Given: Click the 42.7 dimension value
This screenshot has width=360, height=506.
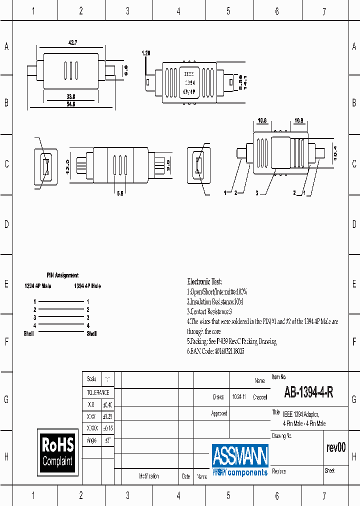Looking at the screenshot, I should pos(72,43).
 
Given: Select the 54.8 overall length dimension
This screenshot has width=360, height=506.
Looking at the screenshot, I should pos(70,104).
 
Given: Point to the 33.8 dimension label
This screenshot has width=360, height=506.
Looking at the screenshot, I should pos(70,96).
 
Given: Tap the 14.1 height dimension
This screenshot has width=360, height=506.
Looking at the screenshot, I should pos(245,81).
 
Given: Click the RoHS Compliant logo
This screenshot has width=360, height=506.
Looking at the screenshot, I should pos(57,451).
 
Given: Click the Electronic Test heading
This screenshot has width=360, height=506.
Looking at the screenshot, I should pos(204,281).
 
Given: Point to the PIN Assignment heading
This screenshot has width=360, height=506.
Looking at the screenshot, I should pos(62,275).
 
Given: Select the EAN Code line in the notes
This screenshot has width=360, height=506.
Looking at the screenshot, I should pos(216,351).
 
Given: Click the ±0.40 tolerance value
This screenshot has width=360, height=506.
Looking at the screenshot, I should pos(107,405).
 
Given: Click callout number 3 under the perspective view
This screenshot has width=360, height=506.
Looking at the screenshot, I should pos(256,192).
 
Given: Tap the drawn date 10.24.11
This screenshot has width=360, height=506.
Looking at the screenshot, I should pos(238,397).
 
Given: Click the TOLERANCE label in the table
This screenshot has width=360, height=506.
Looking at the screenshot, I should pos(98,393).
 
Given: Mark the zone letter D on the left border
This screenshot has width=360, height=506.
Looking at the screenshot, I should pos(6,224).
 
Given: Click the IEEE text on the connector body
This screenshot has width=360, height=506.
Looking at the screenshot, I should pos(190,73).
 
